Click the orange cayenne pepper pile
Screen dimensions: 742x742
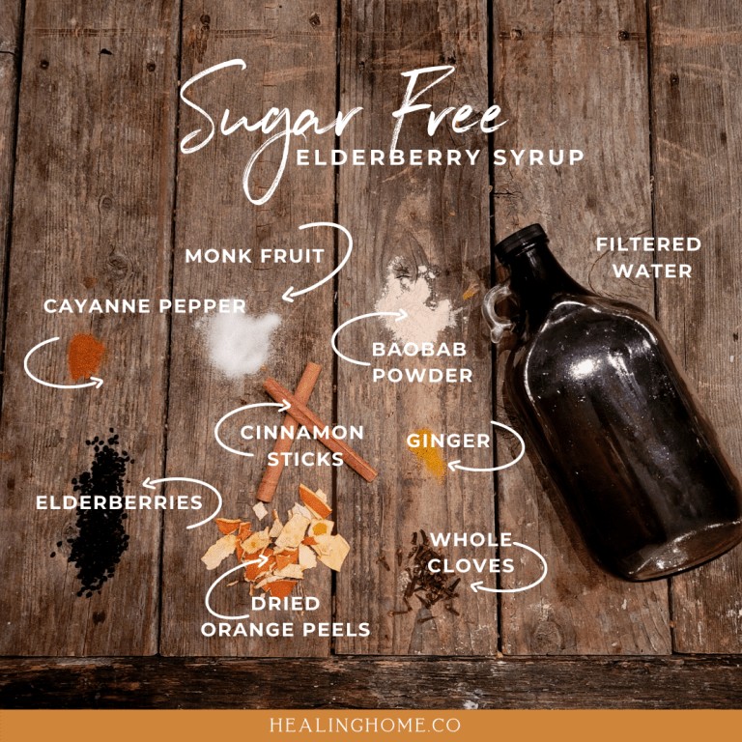(x=86, y=357)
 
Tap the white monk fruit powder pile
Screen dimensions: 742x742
(x=240, y=341)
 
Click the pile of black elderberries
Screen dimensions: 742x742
(x=98, y=514)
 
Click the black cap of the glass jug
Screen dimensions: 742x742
(x=520, y=242)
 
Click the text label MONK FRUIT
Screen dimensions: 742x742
(x=255, y=256)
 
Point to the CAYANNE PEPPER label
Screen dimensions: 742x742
(x=145, y=305)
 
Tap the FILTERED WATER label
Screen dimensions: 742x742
(x=648, y=258)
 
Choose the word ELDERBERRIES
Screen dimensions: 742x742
(x=119, y=502)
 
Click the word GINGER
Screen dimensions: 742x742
(x=448, y=441)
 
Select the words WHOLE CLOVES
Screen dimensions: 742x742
(x=471, y=553)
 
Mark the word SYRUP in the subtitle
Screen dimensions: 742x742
(x=538, y=157)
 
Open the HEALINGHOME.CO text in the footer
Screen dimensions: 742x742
(x=365, y=725)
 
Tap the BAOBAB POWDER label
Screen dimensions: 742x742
(x=422, y=362)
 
